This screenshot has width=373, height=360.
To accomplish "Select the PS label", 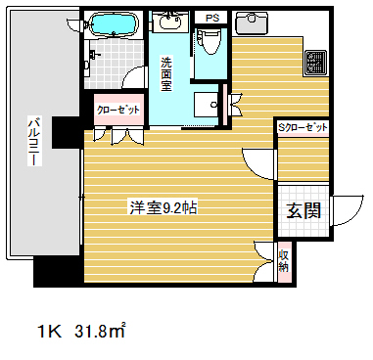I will [x=210, y=17].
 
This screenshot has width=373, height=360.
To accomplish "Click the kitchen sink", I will [x=257, y=22].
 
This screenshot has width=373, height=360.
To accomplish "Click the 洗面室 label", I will [x=166, y=74].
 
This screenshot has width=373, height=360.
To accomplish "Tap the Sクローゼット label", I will [x=303, y=127].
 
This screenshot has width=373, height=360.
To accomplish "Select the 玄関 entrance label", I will [x=303, y=212].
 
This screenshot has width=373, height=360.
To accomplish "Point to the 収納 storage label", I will [x=283, y=260].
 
